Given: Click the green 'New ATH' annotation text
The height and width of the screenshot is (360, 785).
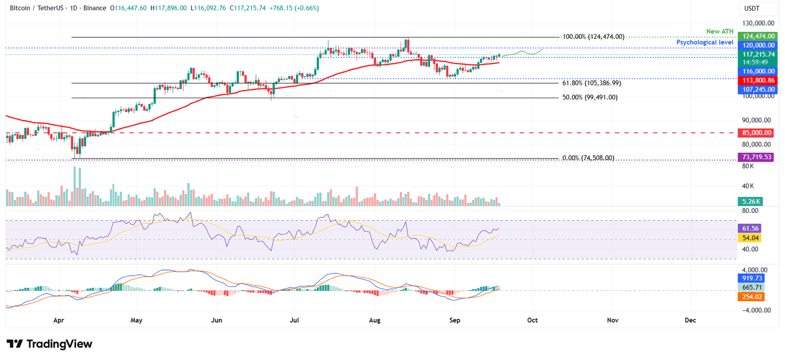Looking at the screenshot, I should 720,32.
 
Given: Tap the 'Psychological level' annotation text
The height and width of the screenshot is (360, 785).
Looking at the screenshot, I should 705,42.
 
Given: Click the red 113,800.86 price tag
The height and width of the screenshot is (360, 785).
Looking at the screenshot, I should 755,80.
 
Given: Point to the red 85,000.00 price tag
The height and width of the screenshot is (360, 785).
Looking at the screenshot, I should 755,133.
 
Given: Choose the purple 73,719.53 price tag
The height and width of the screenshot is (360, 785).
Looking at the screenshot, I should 755,157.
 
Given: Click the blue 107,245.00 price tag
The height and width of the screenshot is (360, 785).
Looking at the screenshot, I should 755,89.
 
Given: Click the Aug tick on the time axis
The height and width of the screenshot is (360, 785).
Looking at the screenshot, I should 375,320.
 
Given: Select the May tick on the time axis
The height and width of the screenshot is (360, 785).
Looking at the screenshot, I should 136,320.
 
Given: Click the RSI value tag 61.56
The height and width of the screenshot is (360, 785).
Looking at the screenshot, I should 749,229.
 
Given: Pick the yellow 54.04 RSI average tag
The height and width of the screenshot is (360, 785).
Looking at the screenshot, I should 749,238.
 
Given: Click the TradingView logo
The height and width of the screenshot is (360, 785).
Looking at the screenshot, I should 50,344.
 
